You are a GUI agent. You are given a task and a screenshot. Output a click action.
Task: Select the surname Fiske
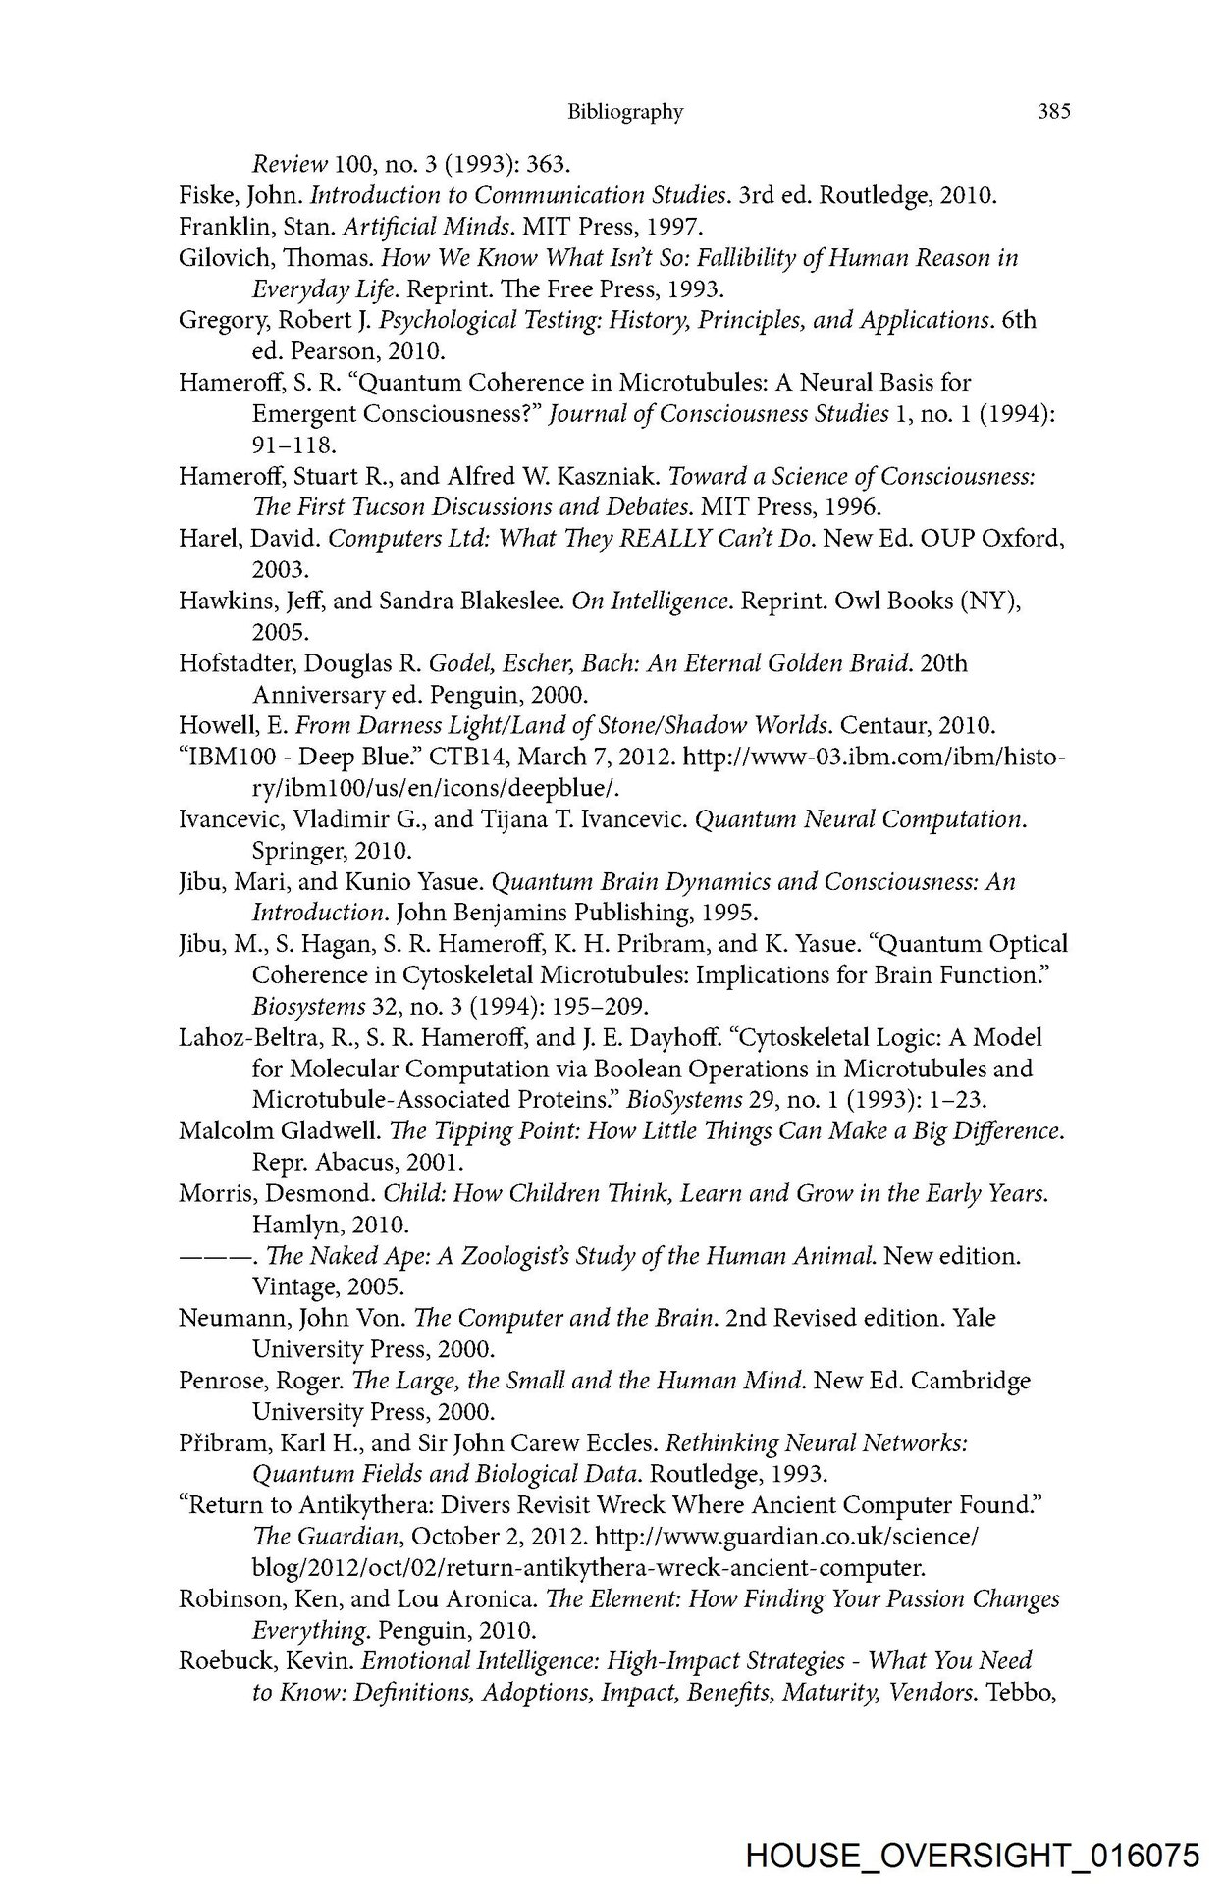203,195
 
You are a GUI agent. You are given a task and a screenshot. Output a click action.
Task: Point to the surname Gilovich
216,258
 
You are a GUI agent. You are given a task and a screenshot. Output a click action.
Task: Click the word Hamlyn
292,1225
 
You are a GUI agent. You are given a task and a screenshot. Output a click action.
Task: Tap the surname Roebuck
222,1661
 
